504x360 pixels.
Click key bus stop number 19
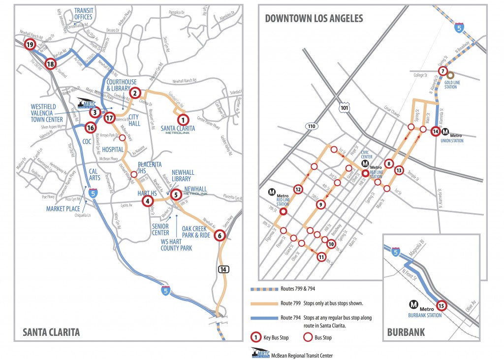(30, 45)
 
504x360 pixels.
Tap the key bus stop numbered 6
(220, 235)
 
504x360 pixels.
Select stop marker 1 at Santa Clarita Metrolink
(183, 119)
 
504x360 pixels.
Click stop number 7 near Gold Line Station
(443, 70)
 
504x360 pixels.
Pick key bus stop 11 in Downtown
(321, 257)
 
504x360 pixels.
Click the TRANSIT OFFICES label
(83, 14)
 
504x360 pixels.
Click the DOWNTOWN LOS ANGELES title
(314, 19)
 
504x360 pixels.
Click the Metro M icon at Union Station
(445, 131)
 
